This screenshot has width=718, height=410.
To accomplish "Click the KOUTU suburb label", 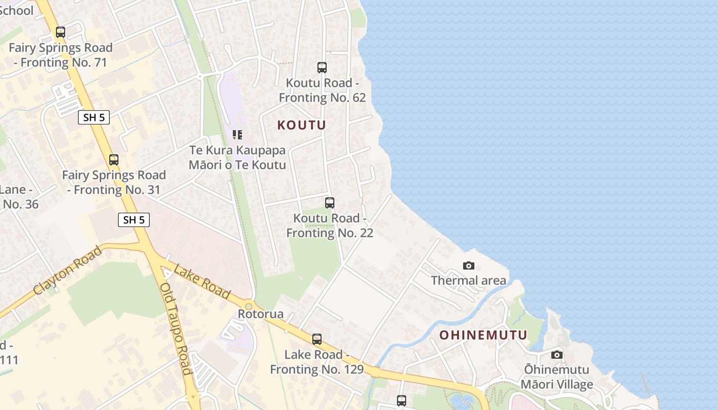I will [x=302, y=125].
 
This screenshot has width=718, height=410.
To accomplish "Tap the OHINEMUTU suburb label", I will [x=483, y=335].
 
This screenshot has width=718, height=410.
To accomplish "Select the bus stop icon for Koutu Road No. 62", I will [x=322, y=68].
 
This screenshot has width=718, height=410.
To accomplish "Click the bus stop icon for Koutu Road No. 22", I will [x=330, y=203].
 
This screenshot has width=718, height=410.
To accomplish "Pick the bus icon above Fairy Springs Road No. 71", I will [x=61, y=32].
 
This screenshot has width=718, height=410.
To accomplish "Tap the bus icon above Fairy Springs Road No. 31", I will [x=114, y=160].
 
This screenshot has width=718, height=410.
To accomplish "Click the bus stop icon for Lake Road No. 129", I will [x=317, y=339].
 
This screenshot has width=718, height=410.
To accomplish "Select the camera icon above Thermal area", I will [x=468, y=265].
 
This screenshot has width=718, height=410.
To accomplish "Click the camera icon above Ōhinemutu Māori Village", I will [x=557, y=355].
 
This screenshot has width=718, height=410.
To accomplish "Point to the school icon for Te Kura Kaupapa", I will [x=237, y=135].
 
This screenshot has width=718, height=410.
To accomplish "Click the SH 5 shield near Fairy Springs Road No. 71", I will [x=94, y=117].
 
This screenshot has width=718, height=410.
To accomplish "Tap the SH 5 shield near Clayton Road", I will [x=134, y=220].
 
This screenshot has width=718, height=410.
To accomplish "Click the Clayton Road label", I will [x=67, y=271].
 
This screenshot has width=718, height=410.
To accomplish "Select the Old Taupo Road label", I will [x=176, y=329].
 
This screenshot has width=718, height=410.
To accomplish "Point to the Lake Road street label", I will [x=202, y=281].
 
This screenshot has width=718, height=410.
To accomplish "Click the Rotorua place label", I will [x=261, y=314].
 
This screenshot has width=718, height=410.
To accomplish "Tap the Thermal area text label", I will [x=468, y=280].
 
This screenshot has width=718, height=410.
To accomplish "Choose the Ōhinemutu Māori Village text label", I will [x=557, y=377].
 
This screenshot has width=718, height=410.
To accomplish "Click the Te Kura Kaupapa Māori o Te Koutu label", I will [x=237, y=158].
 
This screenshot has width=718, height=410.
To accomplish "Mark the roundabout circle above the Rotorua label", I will [x=249, y=306].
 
